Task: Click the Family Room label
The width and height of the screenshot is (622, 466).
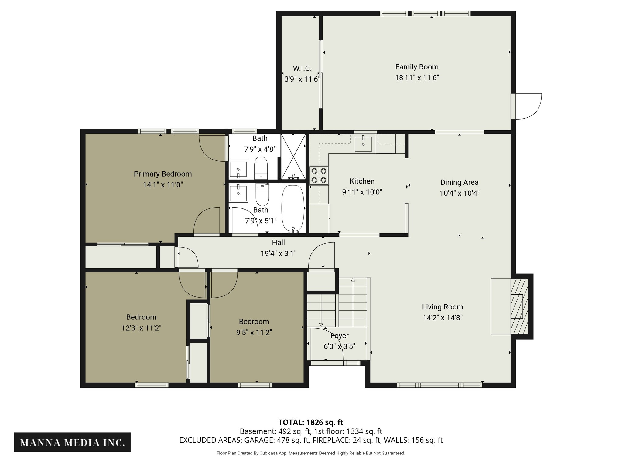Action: click(x=417, y=67)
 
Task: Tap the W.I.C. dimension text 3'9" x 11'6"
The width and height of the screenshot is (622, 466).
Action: click(x=302, y=79)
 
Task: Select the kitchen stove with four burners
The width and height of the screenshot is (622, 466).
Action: click(x=319, y=175)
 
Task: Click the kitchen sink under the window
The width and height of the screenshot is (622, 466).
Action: click(x=363, y=144)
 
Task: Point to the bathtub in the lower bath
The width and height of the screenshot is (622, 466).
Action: click(x=292, y=208)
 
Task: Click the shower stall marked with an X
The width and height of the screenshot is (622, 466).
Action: click(x=293, y=157)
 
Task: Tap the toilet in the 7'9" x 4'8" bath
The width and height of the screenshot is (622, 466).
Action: click(x=261, y=168)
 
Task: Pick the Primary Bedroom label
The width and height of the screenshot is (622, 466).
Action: click(x=163, y=174)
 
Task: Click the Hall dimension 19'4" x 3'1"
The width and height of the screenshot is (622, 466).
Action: click(x=278, y=253)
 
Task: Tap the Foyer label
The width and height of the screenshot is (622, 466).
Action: click(x=339, y=336)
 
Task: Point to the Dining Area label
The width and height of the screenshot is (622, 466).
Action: click(x=459, y=182)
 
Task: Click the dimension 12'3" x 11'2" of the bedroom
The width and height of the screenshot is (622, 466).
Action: click(x=141, y=328)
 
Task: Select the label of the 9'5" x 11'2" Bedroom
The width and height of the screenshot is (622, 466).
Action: click(x=254, y=322)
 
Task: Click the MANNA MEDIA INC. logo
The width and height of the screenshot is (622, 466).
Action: click(x=72, y=442)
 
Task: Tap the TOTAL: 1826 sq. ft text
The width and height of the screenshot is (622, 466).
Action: click(x=311, y=422)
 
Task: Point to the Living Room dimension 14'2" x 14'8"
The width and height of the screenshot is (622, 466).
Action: click(x=442, y=318)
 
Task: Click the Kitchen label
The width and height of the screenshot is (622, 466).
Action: click(x=362, y=181)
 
